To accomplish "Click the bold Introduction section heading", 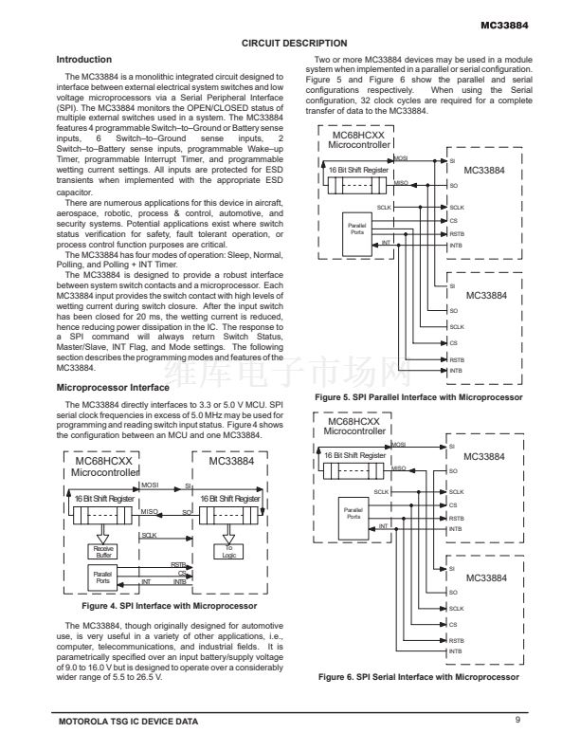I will click(x=84, y=60).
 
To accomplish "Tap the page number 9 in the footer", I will click(x=518, y=722).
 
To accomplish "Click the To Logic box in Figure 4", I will click(x=227, y=551).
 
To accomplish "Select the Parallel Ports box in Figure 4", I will click(x=100, y=575).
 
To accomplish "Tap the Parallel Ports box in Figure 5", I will click(x=356, y=229).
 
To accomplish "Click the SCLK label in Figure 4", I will click(x=149, y=535).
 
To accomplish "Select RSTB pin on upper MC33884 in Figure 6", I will click(x=457, y=518).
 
